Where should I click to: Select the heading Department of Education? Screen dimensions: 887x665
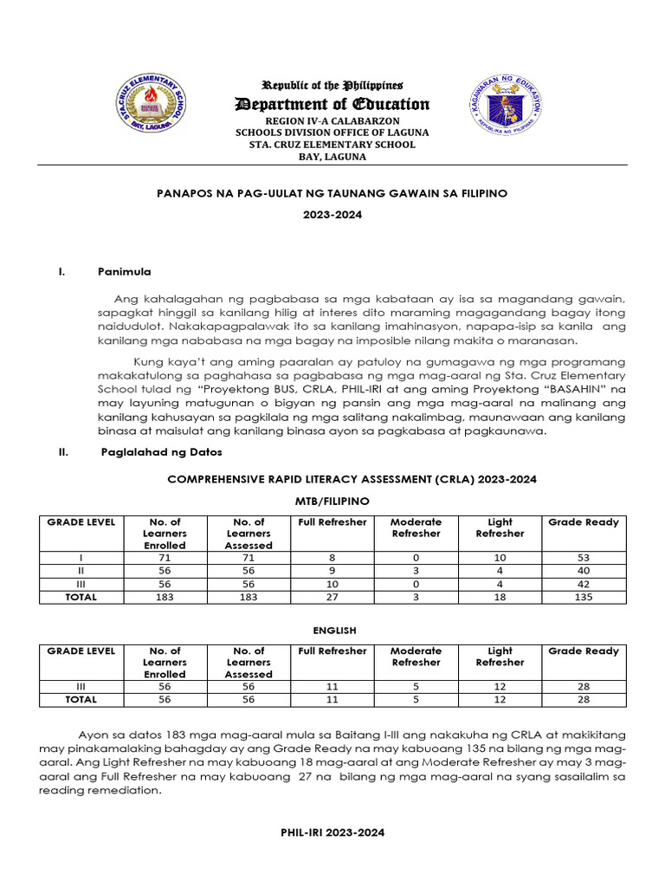332,105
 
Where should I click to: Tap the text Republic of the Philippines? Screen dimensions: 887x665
332,86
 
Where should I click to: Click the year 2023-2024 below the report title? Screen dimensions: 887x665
332,215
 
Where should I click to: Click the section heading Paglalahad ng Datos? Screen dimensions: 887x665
162,451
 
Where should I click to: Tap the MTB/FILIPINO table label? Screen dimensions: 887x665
332,502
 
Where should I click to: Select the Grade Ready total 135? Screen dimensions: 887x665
584,597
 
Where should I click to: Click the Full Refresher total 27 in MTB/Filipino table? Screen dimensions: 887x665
332,597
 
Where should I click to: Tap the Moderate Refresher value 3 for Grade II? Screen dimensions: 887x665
416,572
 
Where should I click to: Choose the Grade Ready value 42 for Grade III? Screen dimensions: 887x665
584,584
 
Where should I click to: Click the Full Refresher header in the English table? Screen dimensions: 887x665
332,651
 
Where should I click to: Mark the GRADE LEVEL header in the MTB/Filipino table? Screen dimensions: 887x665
81,522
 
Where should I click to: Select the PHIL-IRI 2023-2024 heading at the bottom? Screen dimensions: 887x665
332,832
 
